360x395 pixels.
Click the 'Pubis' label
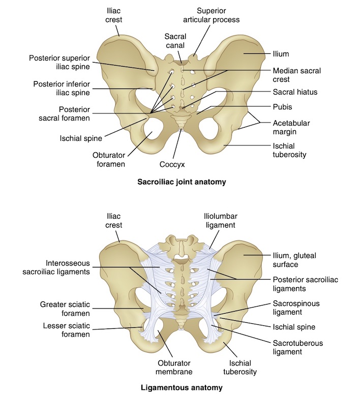point(282,107)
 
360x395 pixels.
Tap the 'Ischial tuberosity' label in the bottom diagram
point(238,367)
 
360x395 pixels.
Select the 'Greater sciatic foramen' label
point(65,309)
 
